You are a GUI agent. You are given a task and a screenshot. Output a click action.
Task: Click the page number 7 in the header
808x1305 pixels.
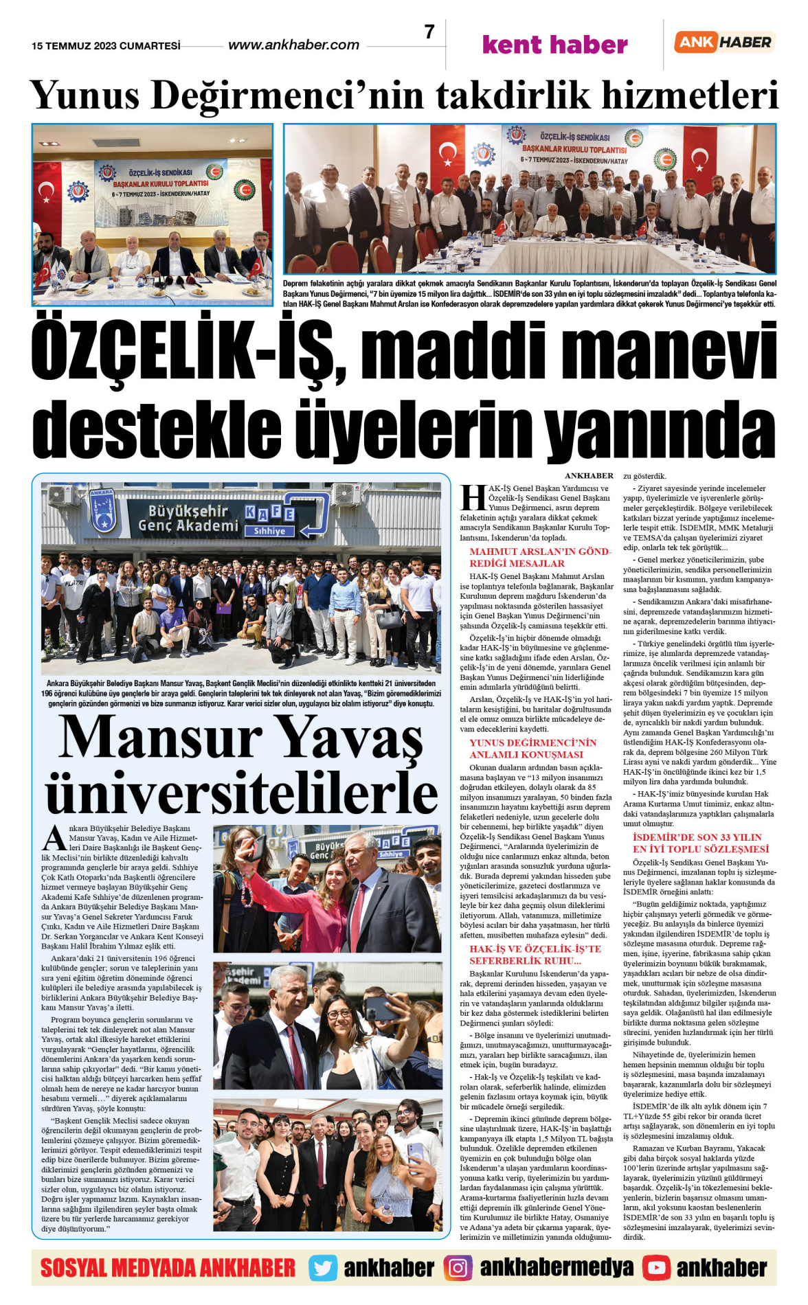tap(429, 32)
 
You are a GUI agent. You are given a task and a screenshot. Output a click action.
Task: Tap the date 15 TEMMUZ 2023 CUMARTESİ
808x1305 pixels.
tap(106, 46)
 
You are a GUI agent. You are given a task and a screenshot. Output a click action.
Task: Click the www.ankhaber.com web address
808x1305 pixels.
tap(293, 45)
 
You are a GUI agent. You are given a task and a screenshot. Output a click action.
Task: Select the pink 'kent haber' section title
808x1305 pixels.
tap(554, 45)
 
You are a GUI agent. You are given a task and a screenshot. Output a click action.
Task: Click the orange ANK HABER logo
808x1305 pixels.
tap(724, 42)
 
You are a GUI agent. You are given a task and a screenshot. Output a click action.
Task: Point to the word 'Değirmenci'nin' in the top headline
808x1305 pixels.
tap(289, 95)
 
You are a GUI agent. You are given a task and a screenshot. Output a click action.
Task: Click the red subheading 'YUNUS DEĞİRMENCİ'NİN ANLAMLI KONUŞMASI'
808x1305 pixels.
tap(532, 748)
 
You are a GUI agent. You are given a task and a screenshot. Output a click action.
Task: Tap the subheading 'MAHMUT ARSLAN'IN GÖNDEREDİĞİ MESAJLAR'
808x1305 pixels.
tap(539, 557)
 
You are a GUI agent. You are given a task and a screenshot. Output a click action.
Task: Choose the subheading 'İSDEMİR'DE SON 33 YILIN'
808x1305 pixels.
tap(697, 837)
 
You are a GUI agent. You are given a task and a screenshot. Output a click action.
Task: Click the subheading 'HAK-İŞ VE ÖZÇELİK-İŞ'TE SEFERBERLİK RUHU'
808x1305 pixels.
tap(535, 954)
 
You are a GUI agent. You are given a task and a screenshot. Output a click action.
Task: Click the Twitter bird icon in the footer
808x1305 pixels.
tap(322, 1268)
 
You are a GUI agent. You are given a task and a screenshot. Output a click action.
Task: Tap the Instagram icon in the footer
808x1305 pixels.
tap(458, 1268)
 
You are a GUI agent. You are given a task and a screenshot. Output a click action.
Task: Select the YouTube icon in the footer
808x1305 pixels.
tap(656, 1268)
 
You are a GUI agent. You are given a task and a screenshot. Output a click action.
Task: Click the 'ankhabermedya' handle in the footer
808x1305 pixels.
tap(557, 1268)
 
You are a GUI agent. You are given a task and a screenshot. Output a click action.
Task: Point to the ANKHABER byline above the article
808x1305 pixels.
tap(589, 475)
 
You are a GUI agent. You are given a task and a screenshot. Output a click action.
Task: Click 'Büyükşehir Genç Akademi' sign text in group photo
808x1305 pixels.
tap(188, 518)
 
